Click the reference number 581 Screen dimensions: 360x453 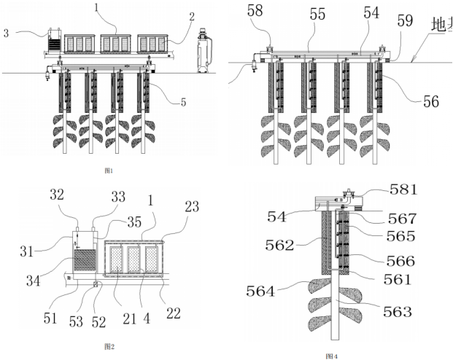coord(403,190)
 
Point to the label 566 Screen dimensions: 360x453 coord(401,261)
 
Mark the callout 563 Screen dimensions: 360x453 coord(398,312)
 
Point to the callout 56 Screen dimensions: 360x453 coord(431,101)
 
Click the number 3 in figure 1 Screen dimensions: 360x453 coord(7,32)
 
